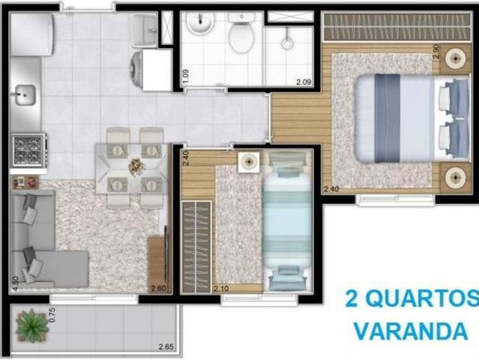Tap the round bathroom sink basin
pos(200,25)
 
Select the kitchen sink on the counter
pos(25,95)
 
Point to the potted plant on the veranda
pos(31,325)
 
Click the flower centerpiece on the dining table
pos(136,166)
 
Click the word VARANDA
pos(411,331)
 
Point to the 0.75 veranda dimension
pos(52,315)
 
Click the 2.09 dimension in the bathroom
pos(303,82)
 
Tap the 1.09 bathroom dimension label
pos(184,76)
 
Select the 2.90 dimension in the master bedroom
pos(437,51)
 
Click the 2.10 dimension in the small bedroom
pos(221,289)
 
